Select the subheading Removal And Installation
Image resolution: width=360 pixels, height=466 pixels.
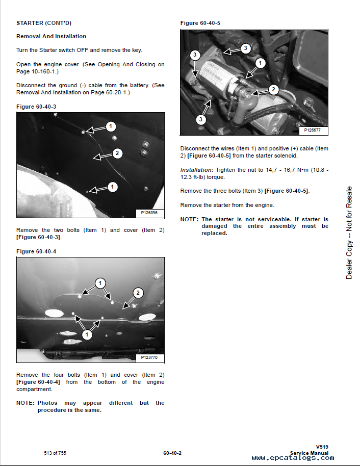click(x=51, y=36)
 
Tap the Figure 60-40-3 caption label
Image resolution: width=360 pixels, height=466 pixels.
click(x=36, y=106)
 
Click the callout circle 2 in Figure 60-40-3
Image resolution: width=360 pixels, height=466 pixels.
click(x=117, y=153)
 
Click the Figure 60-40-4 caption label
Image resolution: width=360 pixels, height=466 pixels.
click(x=36, y=251)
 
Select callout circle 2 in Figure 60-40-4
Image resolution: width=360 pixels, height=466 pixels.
click(x=138, y=293)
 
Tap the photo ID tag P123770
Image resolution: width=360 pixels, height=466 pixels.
click(x=149, y=358)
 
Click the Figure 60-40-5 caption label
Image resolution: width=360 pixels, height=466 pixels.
click(x=200, y=23)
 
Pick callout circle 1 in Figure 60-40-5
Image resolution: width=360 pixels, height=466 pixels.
click(x=260, y=63)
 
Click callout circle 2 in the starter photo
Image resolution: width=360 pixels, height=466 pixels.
click(x=273, y=90)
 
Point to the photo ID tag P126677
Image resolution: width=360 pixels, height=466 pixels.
click(x=313, y=130)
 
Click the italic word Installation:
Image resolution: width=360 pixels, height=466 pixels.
click(x=196, y=169)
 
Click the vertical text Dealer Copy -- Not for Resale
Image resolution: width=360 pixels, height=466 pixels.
click(x=349, y=232)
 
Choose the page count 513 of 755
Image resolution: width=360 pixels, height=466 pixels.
click(x=55, y=452)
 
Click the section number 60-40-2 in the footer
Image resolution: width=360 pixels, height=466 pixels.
click(x=172, y=453)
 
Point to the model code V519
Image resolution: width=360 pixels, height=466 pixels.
click(x=322, y=447)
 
